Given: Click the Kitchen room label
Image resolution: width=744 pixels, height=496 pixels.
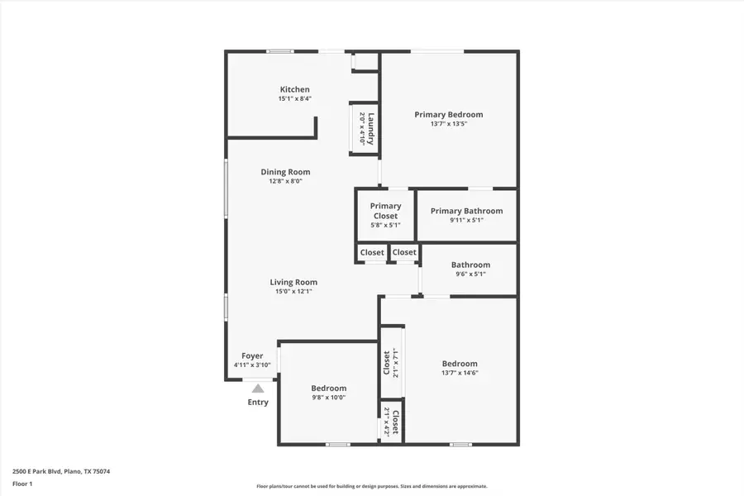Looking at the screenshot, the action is click(x=294, y=89).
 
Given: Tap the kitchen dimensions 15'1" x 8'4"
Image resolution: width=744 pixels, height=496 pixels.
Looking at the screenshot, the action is click(x=294, y=98).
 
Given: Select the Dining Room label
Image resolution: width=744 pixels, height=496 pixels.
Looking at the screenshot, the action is click(x=285, y=172).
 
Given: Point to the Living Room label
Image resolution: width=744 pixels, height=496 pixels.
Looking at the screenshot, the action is click(x=293, y=282).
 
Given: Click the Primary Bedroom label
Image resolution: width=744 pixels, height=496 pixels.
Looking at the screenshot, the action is click(x=449, y=114).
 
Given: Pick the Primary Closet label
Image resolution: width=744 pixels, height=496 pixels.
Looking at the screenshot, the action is click(x=385, y=211).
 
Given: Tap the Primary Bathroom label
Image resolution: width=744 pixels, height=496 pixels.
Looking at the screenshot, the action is click(x=466, y=211).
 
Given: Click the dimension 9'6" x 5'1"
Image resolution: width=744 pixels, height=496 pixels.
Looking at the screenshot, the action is click(x=470, y=274).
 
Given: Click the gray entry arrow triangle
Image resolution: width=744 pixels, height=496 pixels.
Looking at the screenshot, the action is click(x=258, y=389).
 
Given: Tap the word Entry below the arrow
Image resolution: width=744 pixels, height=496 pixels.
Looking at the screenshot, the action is click(x=258, y=402).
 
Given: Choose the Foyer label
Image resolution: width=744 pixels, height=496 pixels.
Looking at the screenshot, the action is click(x=252, y=355).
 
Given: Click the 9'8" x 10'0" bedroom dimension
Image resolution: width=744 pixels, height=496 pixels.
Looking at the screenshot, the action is click(x=329, y=398).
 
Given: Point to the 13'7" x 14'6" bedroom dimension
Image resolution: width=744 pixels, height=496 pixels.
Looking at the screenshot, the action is click(x=460, y=373).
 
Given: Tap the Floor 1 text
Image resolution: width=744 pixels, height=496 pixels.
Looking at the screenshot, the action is click(x=22, y=484).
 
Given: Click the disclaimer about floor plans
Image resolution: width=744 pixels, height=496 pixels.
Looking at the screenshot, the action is click(x=371, y=486).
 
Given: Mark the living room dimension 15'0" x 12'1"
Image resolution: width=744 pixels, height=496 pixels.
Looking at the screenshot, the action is click(x=293, y=292).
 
